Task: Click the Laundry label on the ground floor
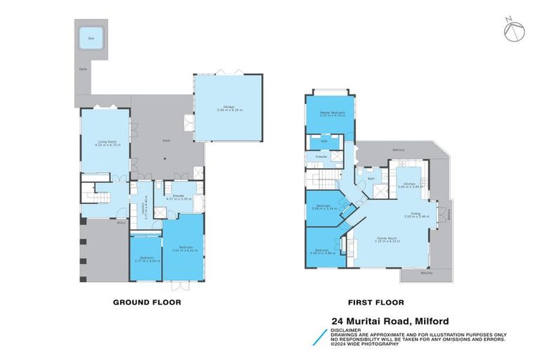[x=144, y=209]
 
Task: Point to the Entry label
[x=122, y=224]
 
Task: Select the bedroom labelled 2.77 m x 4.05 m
[x=146, y=259]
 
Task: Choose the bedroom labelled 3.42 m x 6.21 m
[x=184, y=248]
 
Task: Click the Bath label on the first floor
[x=371, y=179]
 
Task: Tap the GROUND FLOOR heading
[x=147, y=302]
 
